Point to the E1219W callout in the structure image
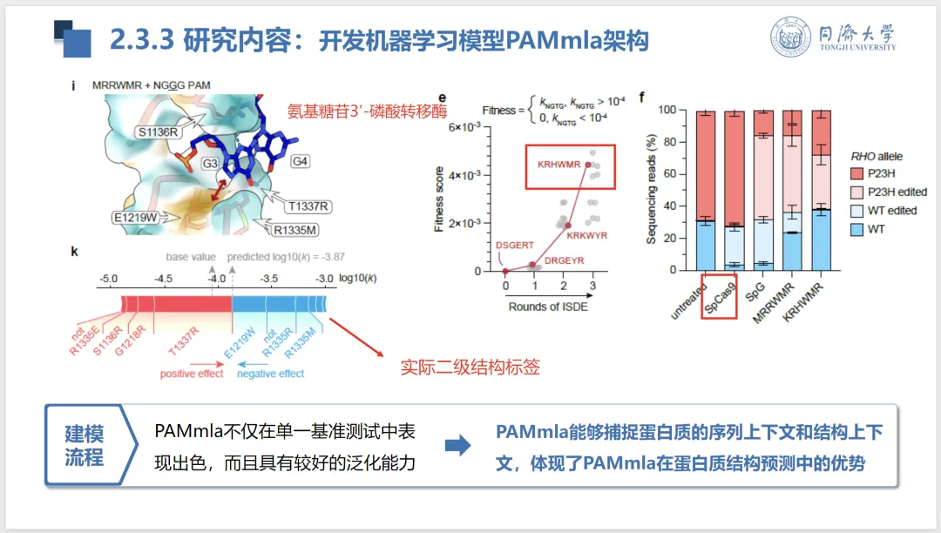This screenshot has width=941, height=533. click(x=134, y=218)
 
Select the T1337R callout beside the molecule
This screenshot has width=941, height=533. click(x=308, y=206)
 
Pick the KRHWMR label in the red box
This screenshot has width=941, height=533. click(x=559, y=164)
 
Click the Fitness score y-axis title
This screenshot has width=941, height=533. click(x=440, y=199)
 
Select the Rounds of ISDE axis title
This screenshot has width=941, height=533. click(x=547, y=306)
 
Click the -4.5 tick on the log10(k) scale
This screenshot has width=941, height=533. click(x=162, y=279)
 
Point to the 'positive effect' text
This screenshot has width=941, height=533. click(x=191, y=374)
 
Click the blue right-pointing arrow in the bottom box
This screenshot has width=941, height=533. click(x=457, y=446)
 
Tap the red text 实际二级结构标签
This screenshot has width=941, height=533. click(x=470, y=367)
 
